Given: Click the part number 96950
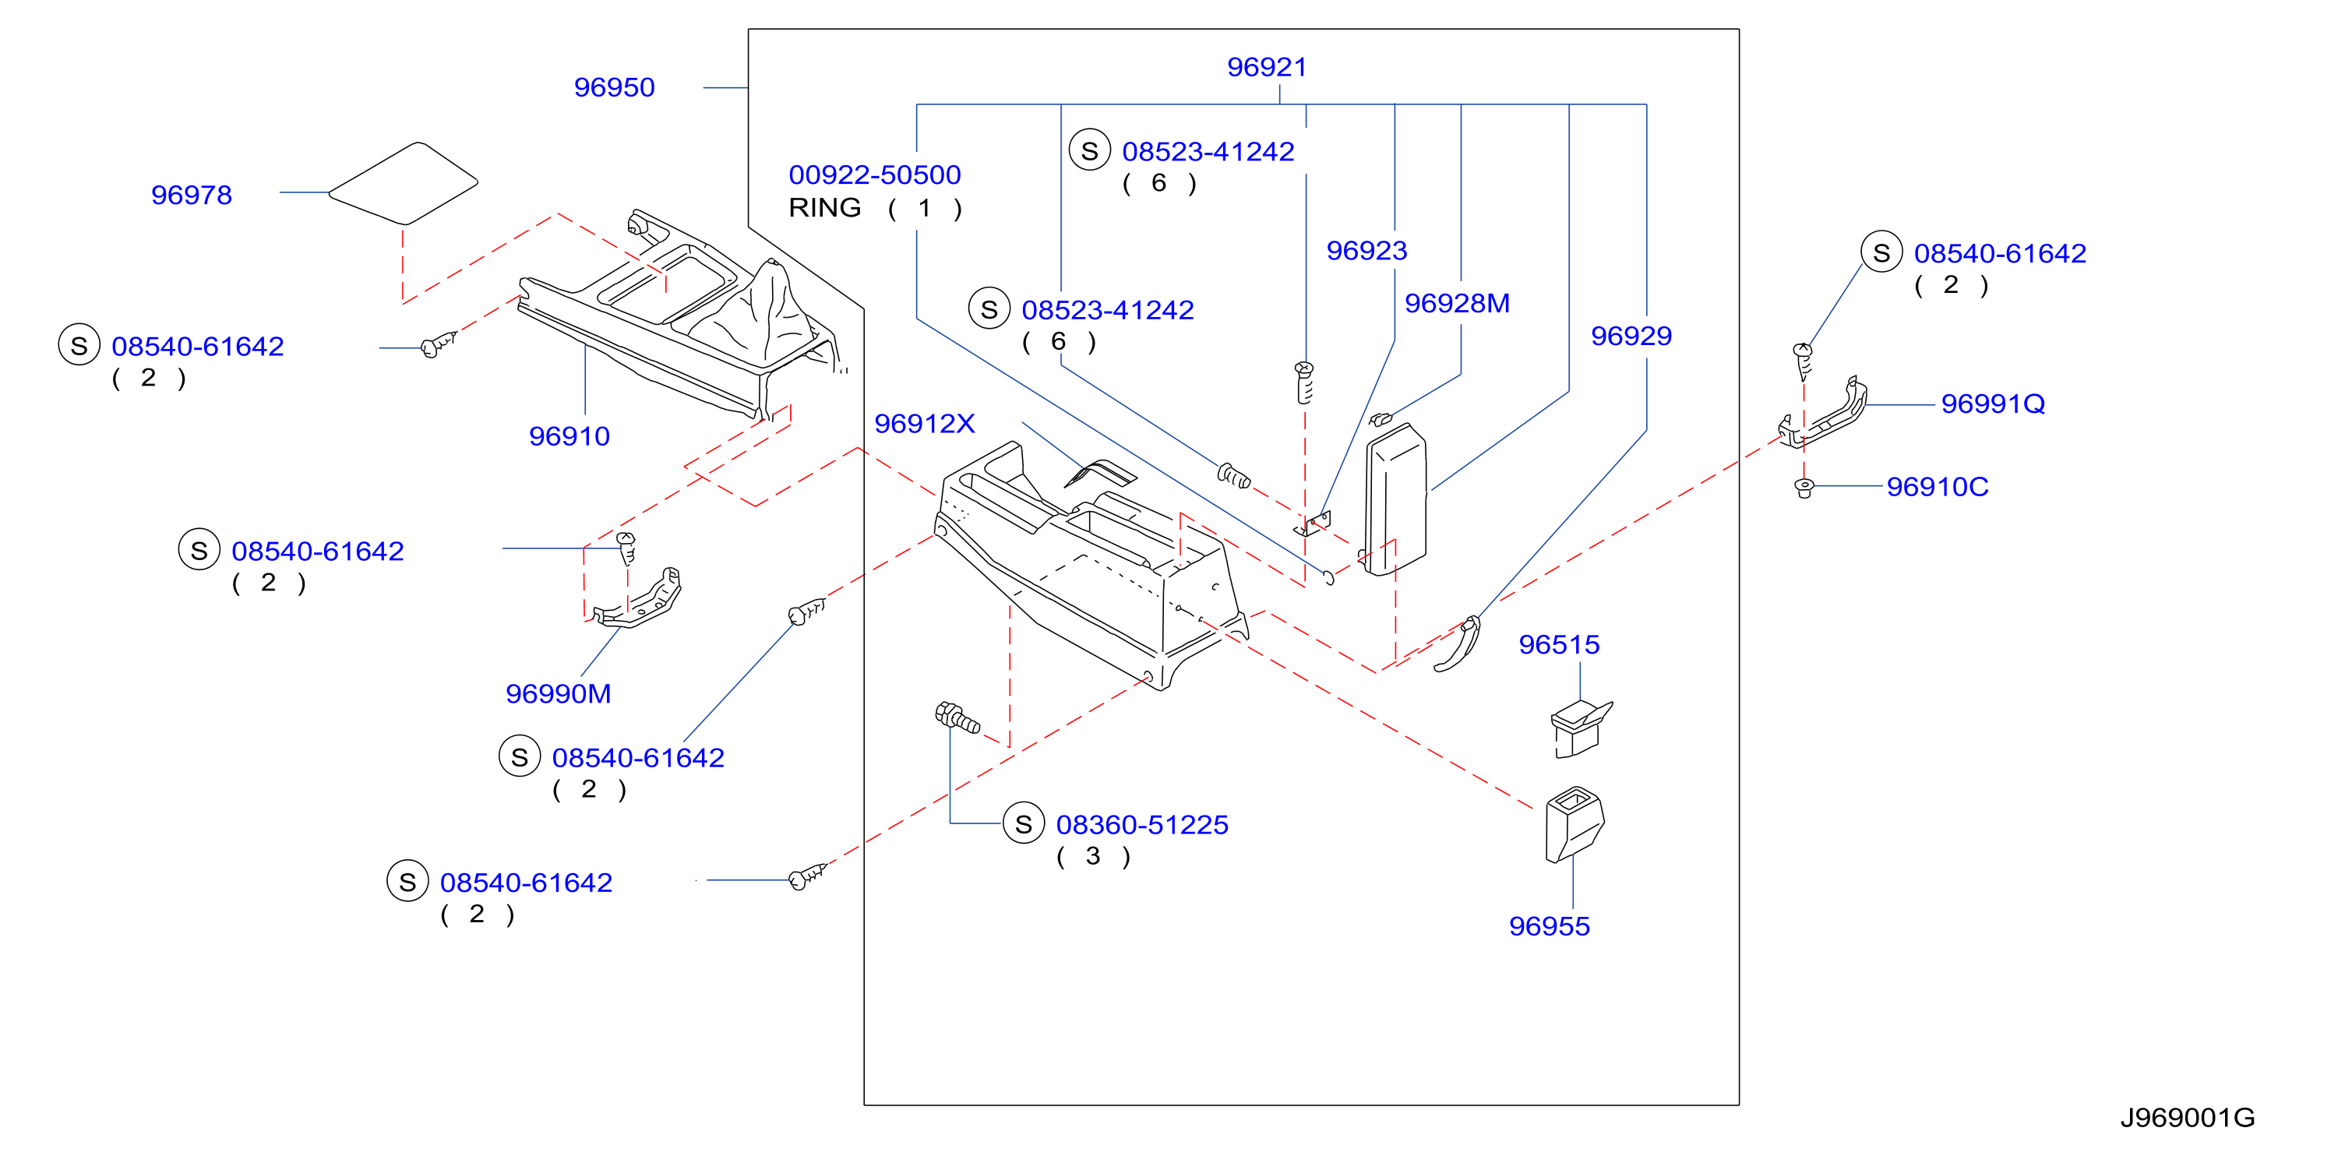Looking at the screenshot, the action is [614, 87].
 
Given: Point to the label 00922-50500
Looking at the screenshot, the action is [874, 174].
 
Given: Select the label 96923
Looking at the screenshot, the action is [1366, 250].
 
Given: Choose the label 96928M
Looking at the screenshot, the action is [1457, 303].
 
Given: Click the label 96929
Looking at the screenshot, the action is [1631, 336].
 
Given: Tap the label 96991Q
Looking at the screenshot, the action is [1993, 404].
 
